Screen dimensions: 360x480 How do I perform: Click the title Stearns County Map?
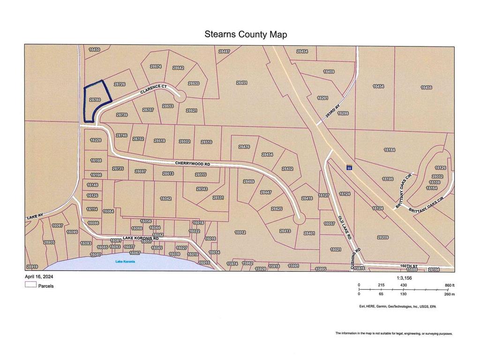[246, 34]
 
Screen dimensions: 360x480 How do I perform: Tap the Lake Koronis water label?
[125, 262]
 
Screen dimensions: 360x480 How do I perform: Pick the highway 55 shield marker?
[349, 167]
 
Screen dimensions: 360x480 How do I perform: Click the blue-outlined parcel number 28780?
[95, 100]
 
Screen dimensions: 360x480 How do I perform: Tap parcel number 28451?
[242, 82]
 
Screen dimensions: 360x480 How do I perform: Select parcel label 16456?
[426, 88]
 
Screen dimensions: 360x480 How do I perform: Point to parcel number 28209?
[382, 238]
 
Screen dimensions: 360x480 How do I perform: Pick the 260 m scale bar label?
[449, 294]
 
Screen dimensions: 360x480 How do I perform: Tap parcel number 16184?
[390, 150]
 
